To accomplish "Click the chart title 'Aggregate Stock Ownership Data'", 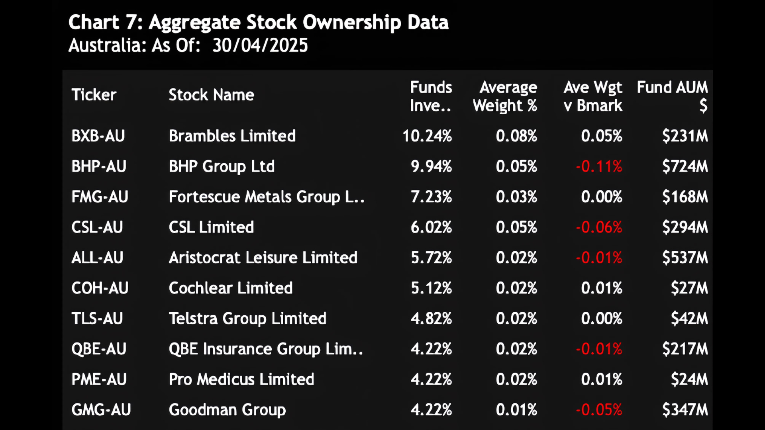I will tap(299, 22).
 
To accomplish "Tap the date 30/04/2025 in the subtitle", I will tap(260, 45).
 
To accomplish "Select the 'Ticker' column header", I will tap(94, 95).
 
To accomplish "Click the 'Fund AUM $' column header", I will tap(672, 96).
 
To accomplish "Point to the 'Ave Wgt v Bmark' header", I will tap(593, 96).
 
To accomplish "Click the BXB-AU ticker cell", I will tap(98, 136).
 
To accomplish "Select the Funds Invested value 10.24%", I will tap(427, 136).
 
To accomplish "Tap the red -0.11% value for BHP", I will tap(599, 166).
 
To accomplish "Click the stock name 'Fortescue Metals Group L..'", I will tap(267, 197).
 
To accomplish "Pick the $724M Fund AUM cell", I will tap(685, 166).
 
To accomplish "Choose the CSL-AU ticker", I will tap(97, 227).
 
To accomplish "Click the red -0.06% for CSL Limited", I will tap(599, 227).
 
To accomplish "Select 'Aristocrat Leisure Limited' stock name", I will tap(263, 258).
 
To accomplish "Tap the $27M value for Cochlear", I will tap(689, 288).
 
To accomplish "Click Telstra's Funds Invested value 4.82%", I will tap(431, 319).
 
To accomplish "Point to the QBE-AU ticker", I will tap(99, 349).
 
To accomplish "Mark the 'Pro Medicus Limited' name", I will tap(241, 379).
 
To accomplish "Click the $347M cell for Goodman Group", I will tap(685, 410).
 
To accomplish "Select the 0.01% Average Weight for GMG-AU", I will tap(516, 410).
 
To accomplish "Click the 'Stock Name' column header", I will tap(211, 95).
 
